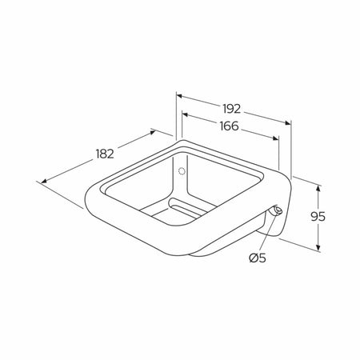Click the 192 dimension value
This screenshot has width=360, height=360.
click(232, 109)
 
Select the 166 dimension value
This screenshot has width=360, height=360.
click(230, 126)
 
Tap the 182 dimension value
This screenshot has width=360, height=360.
click(105, 154)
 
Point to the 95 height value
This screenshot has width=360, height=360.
click(318, 217)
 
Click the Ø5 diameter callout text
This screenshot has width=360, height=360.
click(258, 258)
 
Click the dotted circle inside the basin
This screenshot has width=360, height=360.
click(182, 171)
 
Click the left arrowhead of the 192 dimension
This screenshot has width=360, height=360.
click(179, 96)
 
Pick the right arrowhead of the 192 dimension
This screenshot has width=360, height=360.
click(287, 122)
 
